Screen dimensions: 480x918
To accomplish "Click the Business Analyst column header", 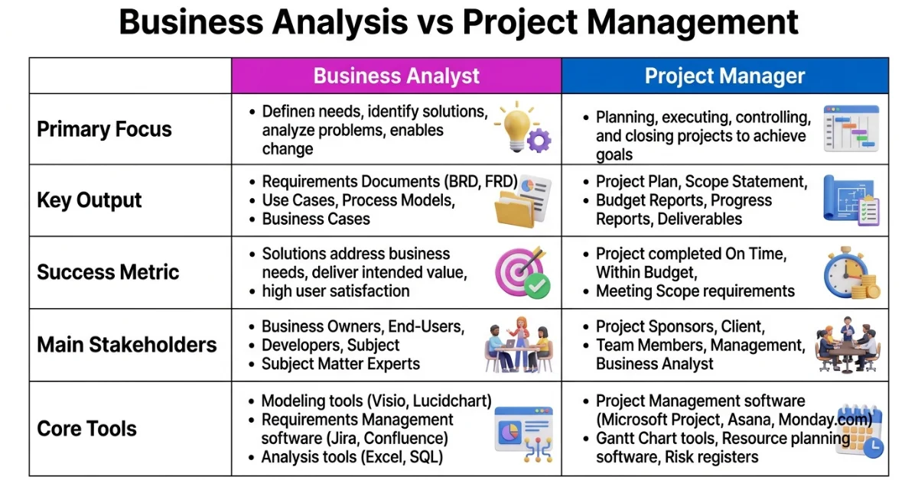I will click(396, 76).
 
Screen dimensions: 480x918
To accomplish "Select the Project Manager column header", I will click(724, 76).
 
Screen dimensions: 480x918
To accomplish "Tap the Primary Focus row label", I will click(104, 128).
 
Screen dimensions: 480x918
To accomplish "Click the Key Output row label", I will click(90, 200).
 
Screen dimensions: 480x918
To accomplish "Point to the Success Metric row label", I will click(108, 272).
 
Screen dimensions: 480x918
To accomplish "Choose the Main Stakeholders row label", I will click(127, 344).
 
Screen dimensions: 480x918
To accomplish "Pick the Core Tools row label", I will click(86, 428).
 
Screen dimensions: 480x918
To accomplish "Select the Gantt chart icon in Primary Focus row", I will click(851, 128).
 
